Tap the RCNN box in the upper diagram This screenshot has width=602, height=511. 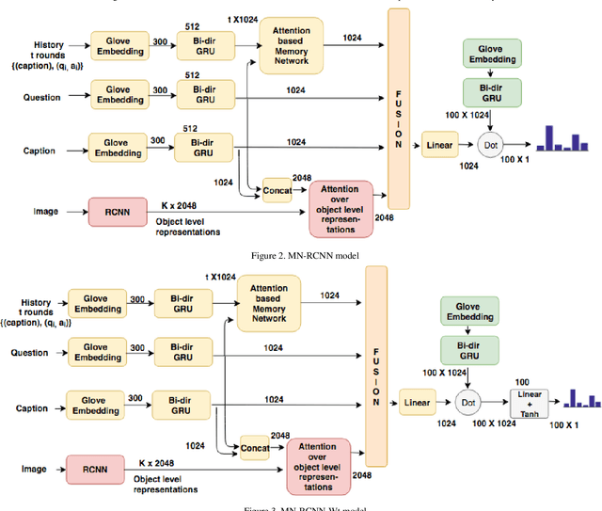click(116, 212)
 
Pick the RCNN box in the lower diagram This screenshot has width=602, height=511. click(94, 468)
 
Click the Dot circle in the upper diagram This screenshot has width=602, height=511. click(488, 146)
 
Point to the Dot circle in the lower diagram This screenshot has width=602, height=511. click(467, 403)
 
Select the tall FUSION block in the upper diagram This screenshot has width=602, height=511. click(399, 108)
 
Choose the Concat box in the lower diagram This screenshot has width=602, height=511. click(254, 448)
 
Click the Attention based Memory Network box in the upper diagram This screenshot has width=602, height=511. click(290, 47)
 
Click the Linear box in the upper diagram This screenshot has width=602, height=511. click(438, 146)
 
